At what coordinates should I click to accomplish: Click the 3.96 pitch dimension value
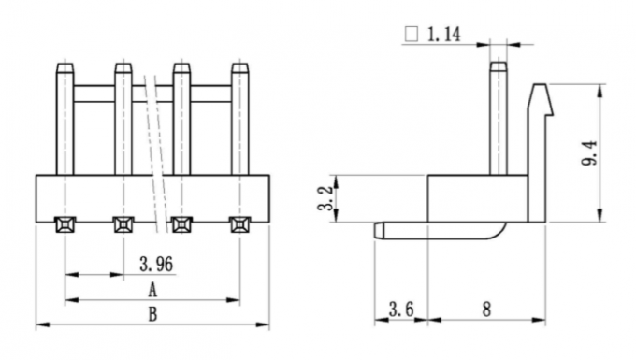point(155,264)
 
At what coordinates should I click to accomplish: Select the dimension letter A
point(152,290)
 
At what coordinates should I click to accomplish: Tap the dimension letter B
point(152,314)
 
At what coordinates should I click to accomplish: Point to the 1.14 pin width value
point(443,36)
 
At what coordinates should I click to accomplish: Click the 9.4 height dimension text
point(589,152)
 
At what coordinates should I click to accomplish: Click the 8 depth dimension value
point(487,310)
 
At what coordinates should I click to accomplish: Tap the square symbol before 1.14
point(410,36)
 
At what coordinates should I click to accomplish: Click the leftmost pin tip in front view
point(65,67)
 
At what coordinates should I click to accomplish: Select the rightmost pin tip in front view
point(240,67)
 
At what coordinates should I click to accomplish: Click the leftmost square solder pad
point(65,224)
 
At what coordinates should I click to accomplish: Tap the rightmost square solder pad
point(240,224)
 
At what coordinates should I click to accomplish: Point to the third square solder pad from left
point(181,224)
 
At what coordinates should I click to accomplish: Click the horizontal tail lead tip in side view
point(379,228)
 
